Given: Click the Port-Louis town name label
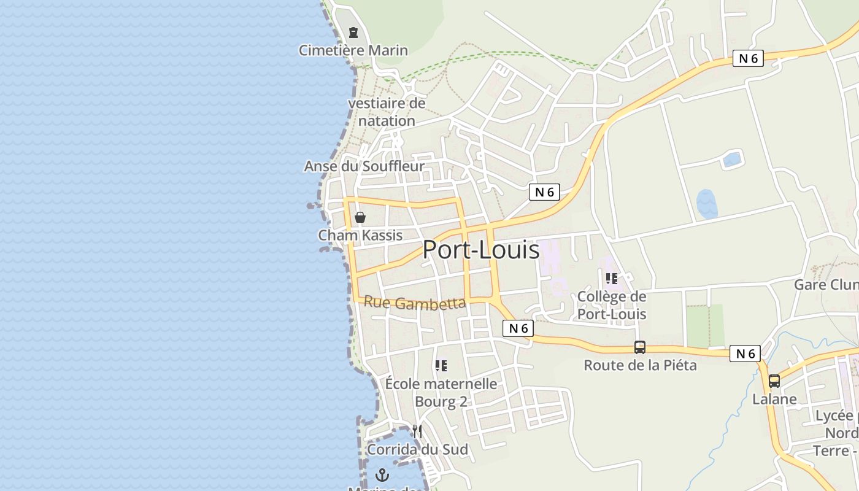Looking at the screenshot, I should [x=481, y=250].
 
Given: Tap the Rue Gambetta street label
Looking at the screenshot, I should [x=415, y=303].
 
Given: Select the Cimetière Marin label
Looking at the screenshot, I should [x=353, y=50].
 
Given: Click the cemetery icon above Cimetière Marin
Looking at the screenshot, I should [x=353, y=32].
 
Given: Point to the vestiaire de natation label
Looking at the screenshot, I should [x=387, y=112].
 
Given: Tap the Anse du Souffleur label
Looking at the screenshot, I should [x=364, y=166].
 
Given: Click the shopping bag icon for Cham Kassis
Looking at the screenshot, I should [x=360, y=217].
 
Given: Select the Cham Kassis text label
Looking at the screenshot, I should [x=360, y=235].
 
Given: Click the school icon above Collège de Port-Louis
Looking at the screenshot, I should [x=612, y=279].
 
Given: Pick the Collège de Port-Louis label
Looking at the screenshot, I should [x=612, y=305].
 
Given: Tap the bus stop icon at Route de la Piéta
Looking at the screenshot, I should [x=640, y=347].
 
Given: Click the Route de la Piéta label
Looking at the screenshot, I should [x=640, y=365].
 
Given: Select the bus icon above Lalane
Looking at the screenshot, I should [x=774, y=381].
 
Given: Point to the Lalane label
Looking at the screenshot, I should [x=774, y=399].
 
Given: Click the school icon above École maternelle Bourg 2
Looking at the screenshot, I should [x=441, y=366].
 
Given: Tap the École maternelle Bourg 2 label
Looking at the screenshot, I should [x=441, y=393].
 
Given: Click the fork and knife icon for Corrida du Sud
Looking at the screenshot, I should [x=417, y=431].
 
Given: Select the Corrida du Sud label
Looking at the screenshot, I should [x=417, y=449].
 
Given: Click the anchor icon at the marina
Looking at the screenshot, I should [x=382, y=474].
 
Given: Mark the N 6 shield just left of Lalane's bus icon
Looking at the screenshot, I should [x=745, y=354].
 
